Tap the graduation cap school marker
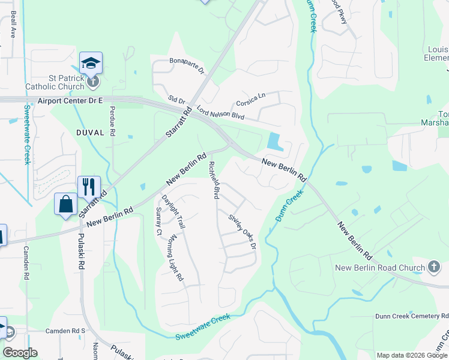click(x=91, y=63)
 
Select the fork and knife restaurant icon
click(x=89, y=187)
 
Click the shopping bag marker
click(x=65, y=204)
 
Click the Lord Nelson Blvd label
click(x=220, y=111)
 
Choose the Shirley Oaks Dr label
click(x=243, y=232)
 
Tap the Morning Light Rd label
click(x=174, y=257)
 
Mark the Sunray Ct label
click(x=159, y=221)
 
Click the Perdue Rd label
click(x=112, y=121)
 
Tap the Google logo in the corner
click(x=20, y=353)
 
